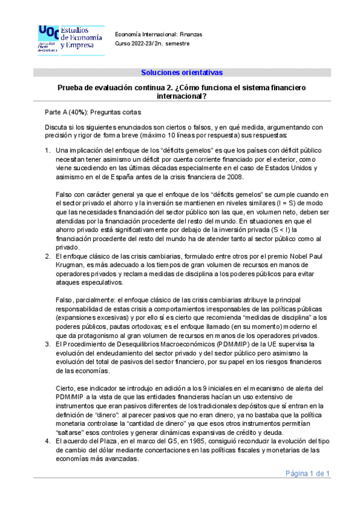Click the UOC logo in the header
coord(70,39)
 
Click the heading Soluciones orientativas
coord(182,73)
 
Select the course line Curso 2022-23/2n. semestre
coord(150,44)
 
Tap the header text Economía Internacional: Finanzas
coord(158,34)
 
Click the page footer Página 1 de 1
coord(308,473)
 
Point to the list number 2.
coord(47,257)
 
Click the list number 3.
coord(47,343)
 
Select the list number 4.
coord(47,441)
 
